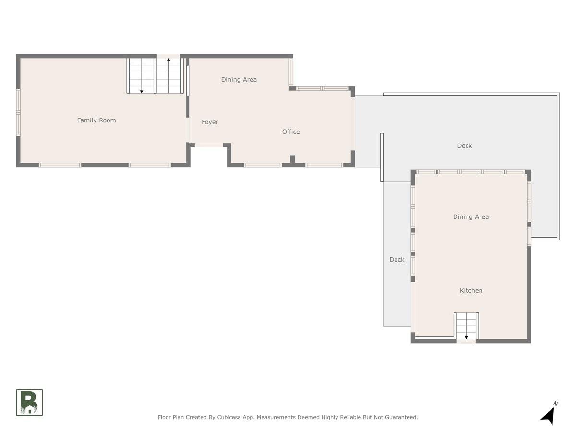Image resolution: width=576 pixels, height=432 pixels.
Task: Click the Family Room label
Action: [96, 120]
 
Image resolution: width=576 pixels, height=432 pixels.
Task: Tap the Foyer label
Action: [210, 122]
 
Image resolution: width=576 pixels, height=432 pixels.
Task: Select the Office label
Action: [291, 132]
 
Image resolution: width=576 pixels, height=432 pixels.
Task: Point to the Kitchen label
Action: [471, 290]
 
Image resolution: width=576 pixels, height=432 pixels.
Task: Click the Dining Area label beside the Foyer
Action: [239, 80]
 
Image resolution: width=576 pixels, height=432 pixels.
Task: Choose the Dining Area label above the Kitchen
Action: [471, 216]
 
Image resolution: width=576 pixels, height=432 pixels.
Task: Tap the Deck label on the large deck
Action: [465, 146]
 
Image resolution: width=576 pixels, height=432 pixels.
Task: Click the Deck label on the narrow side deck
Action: [397, 260]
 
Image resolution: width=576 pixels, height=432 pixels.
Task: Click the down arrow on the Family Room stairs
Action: [142, 75]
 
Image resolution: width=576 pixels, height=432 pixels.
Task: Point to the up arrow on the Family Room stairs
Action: [168, 75]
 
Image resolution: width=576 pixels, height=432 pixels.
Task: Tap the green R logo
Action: [29, 402]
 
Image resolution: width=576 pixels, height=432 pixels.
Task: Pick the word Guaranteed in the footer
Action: [401, 417]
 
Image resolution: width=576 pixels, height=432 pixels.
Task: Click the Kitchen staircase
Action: [466, 326]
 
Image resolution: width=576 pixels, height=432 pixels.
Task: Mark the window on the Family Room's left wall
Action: [18, 112]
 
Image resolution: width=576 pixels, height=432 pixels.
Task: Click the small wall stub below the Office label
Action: [292, 159]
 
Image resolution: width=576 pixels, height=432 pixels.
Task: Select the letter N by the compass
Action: [555, 403]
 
